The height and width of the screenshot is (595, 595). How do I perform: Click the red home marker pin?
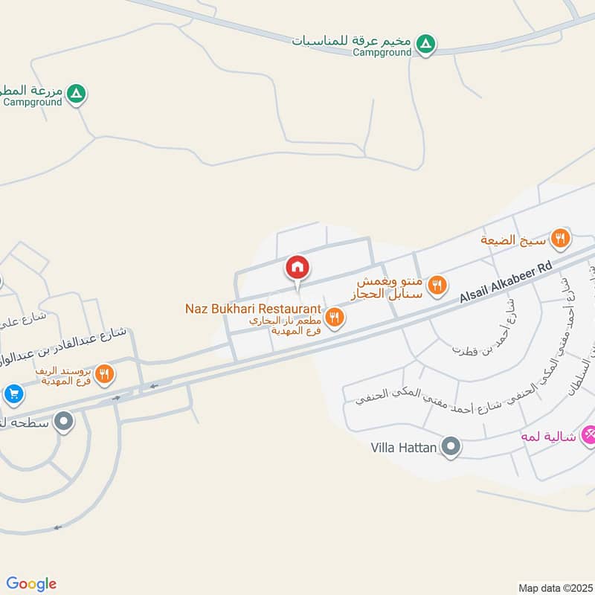(x=297, y=267)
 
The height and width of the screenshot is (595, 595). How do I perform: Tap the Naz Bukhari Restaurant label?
(x=253, y=308)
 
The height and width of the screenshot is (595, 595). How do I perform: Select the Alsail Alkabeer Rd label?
(x=506, y=280)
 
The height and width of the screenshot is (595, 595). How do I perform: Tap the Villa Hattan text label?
(x=402, y=448)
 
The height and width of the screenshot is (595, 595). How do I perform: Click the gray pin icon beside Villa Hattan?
(x=451, y=447)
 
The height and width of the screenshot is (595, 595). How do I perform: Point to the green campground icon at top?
(x=425, y=45)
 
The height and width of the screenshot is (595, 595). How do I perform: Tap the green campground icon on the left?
(x=76, y=94)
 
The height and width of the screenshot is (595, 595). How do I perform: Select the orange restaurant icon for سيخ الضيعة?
(x=561, y=239)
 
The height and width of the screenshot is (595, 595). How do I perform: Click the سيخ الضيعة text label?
(x=513, y=239)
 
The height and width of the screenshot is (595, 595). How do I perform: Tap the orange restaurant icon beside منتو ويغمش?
(x=438, y=283)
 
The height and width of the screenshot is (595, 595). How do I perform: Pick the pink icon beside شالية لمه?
(x=588, y=432)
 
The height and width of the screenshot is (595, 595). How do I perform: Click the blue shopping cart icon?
(x=13, y=393)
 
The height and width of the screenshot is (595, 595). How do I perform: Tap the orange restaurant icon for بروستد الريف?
(x=105, y=374)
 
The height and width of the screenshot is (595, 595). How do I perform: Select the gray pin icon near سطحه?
(x=64, y=422)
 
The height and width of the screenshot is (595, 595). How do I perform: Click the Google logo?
(x=31, y=584)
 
